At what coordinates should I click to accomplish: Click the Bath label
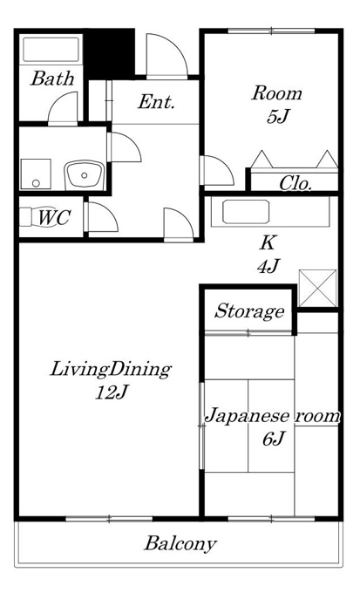click(52, 78)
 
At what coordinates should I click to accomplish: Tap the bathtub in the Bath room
click(51, 50)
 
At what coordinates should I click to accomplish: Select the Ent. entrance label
click(156, 102)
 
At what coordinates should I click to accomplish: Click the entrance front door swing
click(166, 56)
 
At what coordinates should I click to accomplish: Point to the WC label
click(54, 218)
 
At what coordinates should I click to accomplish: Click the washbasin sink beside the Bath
click(84, 174)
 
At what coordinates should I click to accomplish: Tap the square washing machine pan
click(36, 174)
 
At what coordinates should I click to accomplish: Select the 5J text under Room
click(277, 117)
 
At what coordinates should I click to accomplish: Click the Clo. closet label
click(295, 184)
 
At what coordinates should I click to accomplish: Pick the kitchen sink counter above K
click(270, 212)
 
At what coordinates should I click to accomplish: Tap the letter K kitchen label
click(267, 242)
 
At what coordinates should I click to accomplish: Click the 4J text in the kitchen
click(268, 267)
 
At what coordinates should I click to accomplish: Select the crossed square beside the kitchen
click(317, 288)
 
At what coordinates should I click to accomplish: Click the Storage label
click(249, 311)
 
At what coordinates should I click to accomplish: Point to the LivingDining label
click(111, 370)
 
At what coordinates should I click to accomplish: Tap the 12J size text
click(110, 393)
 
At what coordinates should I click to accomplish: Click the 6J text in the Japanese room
click(273, 439)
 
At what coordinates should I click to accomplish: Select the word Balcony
click(180, 544)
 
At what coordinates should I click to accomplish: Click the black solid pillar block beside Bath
click(110, 54)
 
